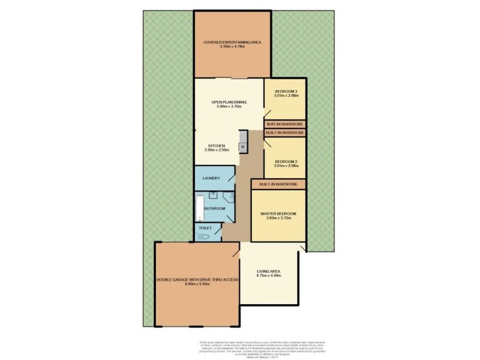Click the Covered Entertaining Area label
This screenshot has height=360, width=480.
[233, 42]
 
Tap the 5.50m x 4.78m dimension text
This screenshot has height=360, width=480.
[233, 47]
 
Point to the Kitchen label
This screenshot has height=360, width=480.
[216, 146]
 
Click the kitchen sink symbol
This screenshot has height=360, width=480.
[243, 146]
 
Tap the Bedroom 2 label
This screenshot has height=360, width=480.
[286, 161]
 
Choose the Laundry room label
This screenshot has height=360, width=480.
[210, 178]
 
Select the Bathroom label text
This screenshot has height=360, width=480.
[214, 208]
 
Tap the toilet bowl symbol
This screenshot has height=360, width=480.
[203, 236]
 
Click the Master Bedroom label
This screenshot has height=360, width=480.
[278, 213]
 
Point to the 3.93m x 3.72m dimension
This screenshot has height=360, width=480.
[278, 218]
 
